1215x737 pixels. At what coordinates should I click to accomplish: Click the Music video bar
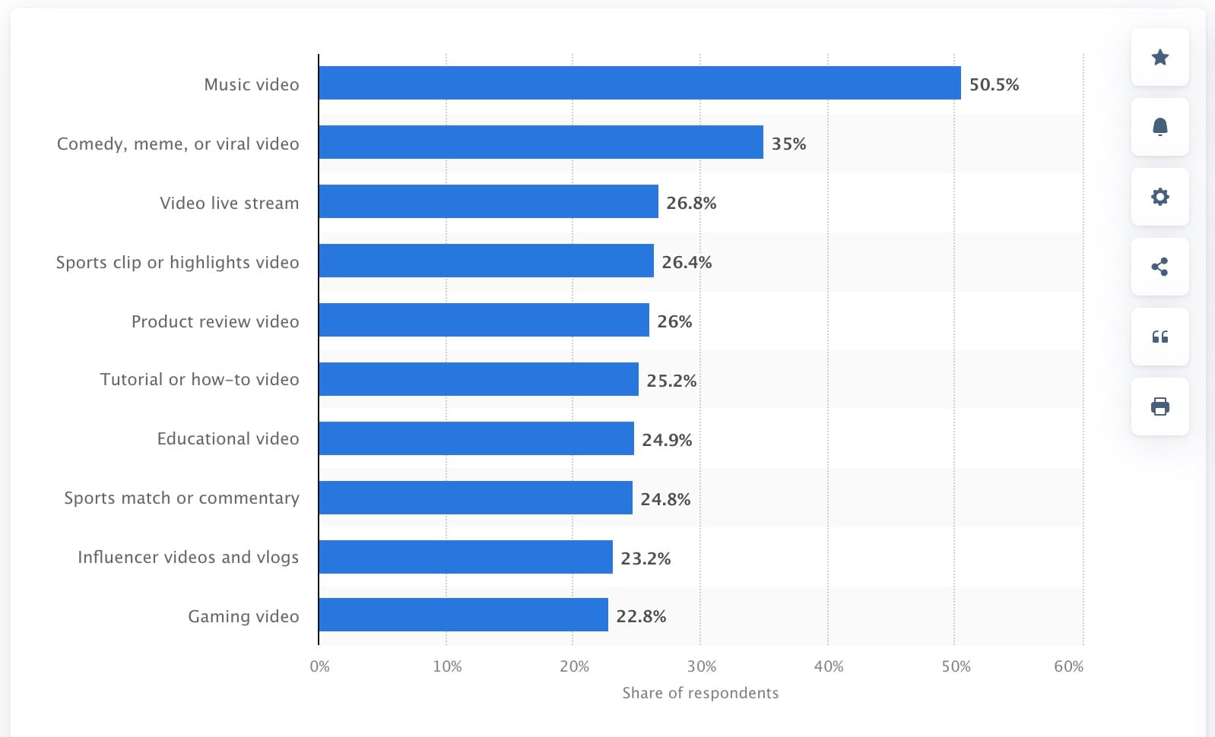[639, 83]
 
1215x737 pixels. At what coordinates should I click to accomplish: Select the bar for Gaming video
[463, 615]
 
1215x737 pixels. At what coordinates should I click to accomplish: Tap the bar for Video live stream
[488, 201]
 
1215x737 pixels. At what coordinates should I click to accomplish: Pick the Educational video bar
[476, 438]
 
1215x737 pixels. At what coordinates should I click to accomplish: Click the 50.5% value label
[994, 84]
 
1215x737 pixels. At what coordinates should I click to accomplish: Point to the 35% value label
[788, 144]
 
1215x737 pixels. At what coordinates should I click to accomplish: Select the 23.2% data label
[646, 558]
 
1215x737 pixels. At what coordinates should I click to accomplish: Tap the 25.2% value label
[671, 381]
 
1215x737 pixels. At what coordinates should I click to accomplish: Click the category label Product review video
[215, 321]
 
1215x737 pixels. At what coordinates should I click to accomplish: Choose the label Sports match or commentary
[182, 498]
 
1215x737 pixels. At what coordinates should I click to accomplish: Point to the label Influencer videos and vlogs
[188, 557]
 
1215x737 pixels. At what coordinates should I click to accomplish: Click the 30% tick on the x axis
[701, 666]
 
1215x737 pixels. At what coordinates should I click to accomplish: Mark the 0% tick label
[320, 666]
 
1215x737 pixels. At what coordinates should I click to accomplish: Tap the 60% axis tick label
[1068, 666]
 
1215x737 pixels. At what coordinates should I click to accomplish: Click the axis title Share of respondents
[700, 693]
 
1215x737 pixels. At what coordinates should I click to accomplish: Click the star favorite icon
[1159, 57]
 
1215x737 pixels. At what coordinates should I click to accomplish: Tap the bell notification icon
[1159, 127]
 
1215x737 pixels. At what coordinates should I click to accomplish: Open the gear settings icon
[1159, 197]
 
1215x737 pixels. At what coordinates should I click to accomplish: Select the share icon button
[1159, 267]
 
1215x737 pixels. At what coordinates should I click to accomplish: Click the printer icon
[1159, 406]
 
